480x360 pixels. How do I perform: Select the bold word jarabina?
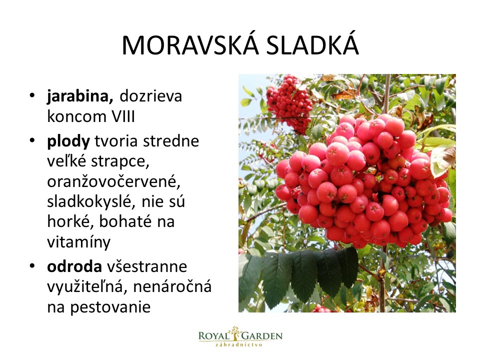point(80,96)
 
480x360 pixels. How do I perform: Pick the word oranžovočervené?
point(113,181)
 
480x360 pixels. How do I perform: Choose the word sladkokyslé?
point(91,201)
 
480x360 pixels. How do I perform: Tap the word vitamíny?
point(78,242)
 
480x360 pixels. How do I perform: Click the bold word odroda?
point(74,266)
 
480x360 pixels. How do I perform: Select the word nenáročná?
point(172,286)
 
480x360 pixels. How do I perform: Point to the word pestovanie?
point(110,307)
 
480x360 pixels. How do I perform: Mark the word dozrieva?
point(151,96)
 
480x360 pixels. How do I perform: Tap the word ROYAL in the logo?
point(214,336)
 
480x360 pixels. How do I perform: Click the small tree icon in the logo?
point(235,333)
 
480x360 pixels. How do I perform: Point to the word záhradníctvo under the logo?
point(239,344)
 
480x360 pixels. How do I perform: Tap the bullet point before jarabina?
point(32,95)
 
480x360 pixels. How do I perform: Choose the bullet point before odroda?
point(32,265)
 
